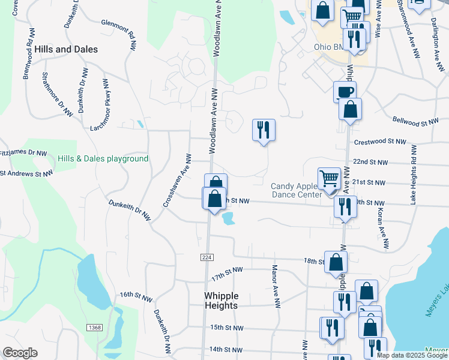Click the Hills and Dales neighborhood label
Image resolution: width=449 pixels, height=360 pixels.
click(66, 49)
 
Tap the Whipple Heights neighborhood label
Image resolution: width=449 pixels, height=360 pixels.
click(221, 301)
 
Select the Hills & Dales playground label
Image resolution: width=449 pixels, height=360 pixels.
click(103, 159)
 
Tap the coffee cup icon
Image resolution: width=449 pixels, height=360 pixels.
click(345, 92)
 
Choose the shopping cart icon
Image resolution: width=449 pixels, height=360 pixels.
click(329, 178)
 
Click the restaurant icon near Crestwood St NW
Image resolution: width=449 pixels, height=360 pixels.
click(264, 129)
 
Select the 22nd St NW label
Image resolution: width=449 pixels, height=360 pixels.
click(370, 163)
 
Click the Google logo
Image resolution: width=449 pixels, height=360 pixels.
click(20, 353)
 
